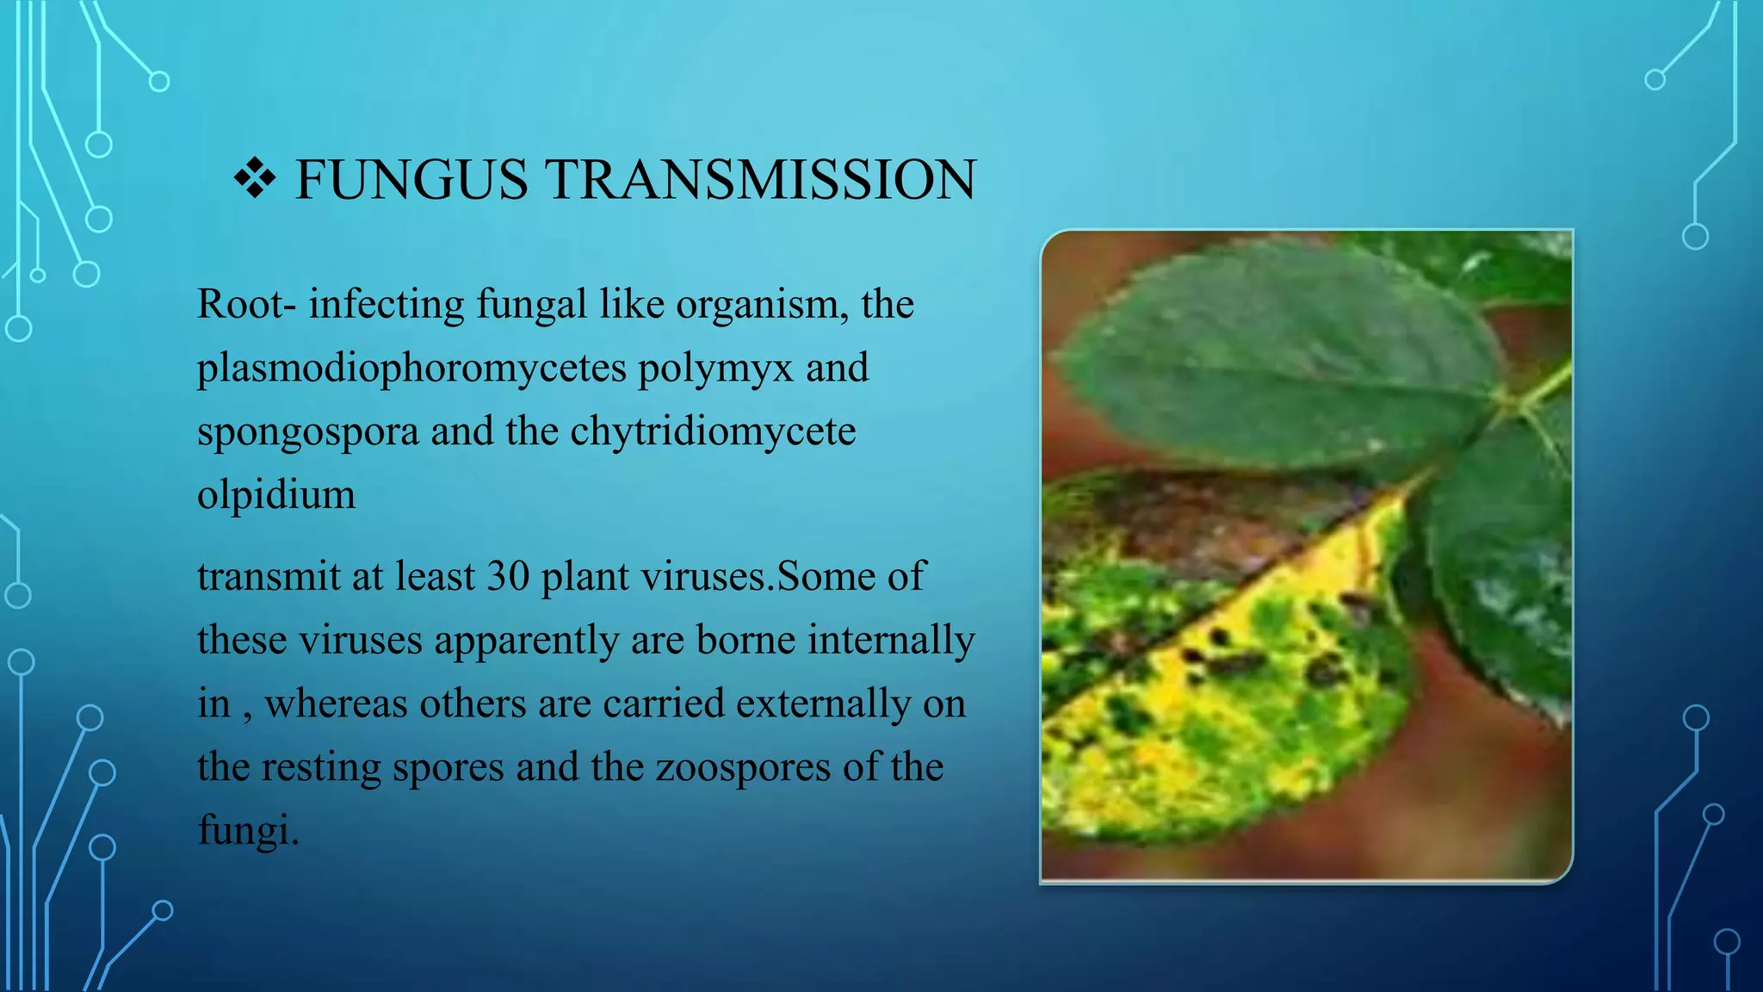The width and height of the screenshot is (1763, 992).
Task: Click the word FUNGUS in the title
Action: pos(411,180)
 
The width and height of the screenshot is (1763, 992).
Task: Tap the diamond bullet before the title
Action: pos(255,179)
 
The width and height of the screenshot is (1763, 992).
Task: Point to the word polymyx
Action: pos(714,369)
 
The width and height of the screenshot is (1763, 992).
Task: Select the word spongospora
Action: pos(307,432)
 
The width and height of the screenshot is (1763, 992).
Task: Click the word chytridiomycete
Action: pos(713,431)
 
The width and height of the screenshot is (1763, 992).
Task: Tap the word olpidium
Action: pos(275,494)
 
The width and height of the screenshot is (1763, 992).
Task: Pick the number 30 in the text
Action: pos(508,576)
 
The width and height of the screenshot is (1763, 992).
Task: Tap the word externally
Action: pos(823,704)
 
